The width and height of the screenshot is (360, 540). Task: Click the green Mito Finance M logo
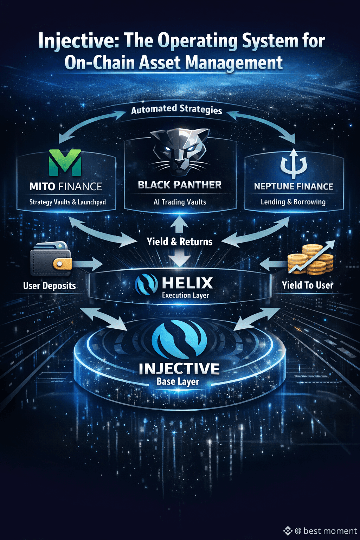tap(65, 162)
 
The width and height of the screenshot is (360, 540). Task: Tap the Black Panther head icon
tap(180, 152)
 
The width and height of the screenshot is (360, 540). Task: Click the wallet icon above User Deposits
tap(51, 259)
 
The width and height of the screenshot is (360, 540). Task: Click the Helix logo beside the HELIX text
tap(146, 284)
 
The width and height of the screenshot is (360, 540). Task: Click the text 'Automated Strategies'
tap(176, 109)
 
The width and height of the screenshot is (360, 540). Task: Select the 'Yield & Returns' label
tap(180, 242)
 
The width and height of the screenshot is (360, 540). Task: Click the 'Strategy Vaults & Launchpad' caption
tap(67, 202)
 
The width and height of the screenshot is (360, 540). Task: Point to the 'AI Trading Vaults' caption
tap(180, 202)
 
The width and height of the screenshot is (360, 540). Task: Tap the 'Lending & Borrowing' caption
tap(293, 202)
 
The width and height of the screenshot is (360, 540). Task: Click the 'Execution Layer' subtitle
tap(185, 295)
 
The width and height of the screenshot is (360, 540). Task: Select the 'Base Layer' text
tap(178, 381)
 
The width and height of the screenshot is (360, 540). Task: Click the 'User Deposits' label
tap(50, 285)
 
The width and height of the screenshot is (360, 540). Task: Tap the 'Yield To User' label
tap(307, 285)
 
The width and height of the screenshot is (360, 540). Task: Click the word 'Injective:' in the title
tap(76, 41)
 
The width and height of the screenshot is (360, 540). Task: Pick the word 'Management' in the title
tap(234, 63)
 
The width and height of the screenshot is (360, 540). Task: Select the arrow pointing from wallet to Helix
tap(88, 263)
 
